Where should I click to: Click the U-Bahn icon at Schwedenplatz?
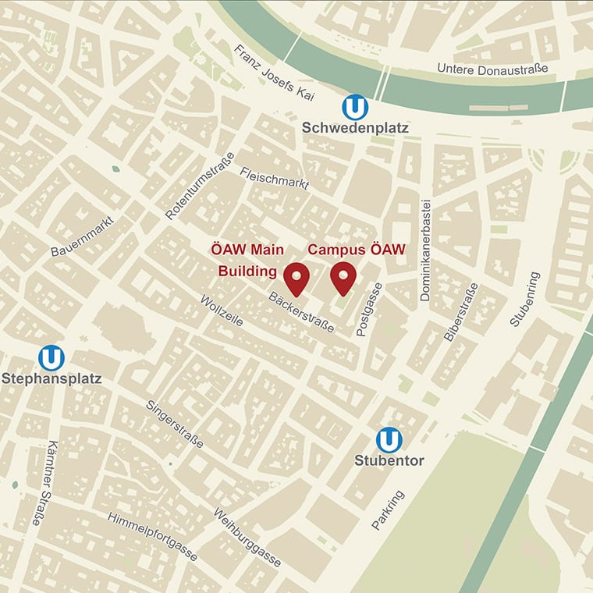click(356, 107)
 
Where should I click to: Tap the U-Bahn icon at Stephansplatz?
click(51, 358)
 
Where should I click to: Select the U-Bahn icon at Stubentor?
click(389, 440)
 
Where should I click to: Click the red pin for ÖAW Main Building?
click(296, 279)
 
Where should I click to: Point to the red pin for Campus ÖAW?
click(343, 279)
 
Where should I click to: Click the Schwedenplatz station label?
click(356, 128)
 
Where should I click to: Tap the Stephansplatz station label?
click(51, 380)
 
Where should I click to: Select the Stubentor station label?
click(389, 461)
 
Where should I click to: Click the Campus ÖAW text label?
click(357, 250)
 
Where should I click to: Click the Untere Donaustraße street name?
click(492, 69)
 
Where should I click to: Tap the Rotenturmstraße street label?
click(200, 186)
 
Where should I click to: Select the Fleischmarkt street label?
click(275, 179)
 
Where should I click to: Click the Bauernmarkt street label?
click(83, 239)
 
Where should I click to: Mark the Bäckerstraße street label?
click(300, 312)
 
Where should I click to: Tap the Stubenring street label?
click(524, 299)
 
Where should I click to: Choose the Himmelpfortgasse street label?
click(152, 537)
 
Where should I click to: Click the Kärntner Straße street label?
click(44, 481)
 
